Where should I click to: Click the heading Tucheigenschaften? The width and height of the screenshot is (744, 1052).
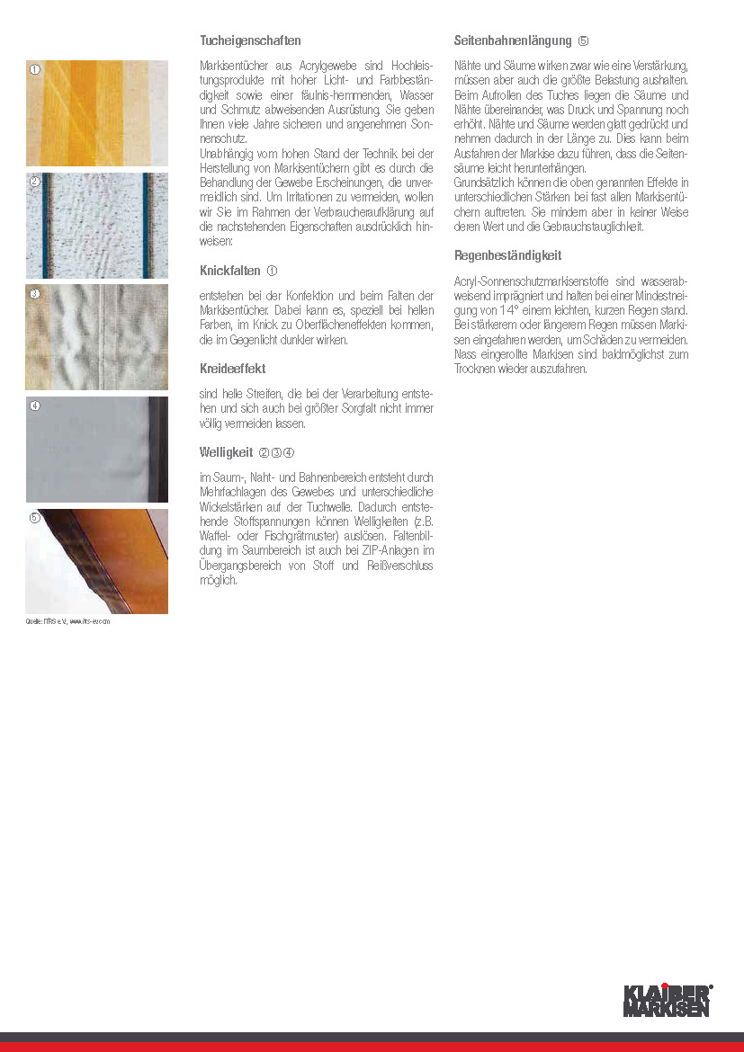tap(250, 41)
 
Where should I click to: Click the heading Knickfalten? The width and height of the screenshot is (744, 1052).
tap(229, 271)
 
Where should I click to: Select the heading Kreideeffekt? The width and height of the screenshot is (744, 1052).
tap(232, 369)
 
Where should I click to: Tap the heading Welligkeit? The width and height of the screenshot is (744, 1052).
tap(226, 452)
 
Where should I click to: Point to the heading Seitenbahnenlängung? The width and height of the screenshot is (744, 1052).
tap(513, 41)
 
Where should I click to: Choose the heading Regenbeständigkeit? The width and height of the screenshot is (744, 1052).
tap(507, 255)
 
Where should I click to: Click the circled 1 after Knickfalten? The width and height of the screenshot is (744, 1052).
tap(272, 271)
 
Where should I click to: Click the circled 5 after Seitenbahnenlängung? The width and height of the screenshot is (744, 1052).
tap(583, 41)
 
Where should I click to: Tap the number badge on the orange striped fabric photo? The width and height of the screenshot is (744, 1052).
tap(35, 70)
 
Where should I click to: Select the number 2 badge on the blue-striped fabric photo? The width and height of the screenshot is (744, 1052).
tap(35, 182)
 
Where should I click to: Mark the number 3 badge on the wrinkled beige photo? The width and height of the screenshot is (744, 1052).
tap(35, 294)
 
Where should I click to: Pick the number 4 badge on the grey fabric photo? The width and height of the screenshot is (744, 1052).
tap(35, 406)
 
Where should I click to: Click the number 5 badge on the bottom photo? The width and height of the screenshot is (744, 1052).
tap(35, 518)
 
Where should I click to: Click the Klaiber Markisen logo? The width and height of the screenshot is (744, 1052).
tap(668, 1000)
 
